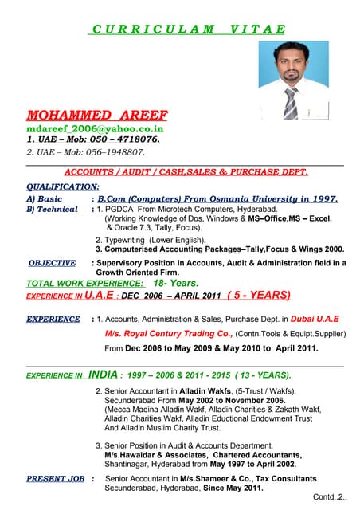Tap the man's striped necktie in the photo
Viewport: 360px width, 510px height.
click(x=291, y=101)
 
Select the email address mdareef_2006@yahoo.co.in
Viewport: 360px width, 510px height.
click(x=95, y=127)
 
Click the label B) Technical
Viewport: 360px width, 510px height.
click(x=53, y=209)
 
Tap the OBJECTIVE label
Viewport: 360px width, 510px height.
click(x=52, y=262)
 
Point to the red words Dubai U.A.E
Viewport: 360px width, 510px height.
click(x=315, y=319)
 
